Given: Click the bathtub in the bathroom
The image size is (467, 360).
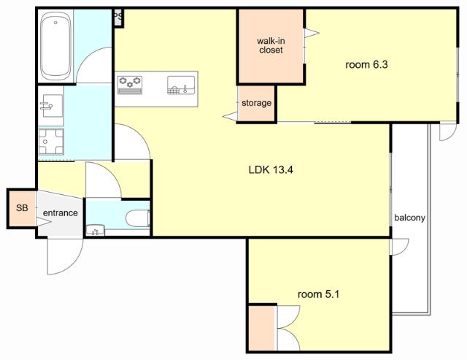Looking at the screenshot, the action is point(56,47).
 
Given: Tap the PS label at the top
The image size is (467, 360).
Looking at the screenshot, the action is point(118,15).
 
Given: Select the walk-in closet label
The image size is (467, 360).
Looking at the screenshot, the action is point(271,45).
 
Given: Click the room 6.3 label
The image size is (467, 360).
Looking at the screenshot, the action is point(366,65).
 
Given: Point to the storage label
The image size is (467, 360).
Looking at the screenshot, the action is point(256,103).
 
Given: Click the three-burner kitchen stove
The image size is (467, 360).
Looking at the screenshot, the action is point(130,85).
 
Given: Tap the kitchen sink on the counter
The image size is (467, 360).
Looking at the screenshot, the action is point(181,85).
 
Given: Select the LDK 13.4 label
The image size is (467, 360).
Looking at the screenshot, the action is point(271,170).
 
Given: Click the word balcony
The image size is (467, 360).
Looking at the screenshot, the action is point(409,218).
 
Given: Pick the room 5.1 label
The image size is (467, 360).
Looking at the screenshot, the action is point(319,294).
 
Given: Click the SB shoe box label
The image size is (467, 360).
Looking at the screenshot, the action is point(22,207).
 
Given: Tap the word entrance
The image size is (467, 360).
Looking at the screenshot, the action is point(61,212).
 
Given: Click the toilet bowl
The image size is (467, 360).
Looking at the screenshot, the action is point(138,218).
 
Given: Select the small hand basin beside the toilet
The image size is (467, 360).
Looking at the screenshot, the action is point(96,230).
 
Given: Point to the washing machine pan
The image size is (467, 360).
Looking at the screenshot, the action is point(51,142).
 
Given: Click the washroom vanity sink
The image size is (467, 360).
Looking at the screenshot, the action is point(51,106).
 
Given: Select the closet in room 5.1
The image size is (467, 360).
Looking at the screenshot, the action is point(261,328).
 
